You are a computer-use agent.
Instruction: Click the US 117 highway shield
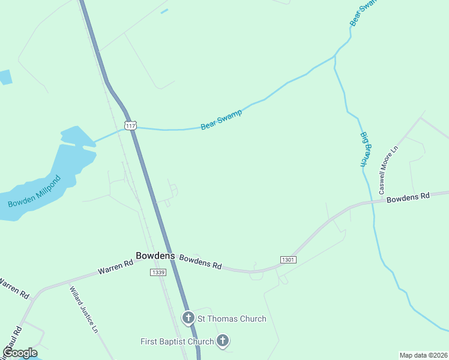pos(131,125)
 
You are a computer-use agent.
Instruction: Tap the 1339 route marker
pos(157,272)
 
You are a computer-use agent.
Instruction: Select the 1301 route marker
pos(288,259)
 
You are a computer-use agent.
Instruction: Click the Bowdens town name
pos(155,256)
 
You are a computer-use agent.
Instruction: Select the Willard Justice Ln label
pos(83,309)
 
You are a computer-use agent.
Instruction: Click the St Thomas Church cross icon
pos(188,318)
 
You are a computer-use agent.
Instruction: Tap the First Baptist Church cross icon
pos(223,341)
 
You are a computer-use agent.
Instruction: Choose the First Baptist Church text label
pos(177,342)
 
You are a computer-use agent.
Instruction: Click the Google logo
pos(20,353)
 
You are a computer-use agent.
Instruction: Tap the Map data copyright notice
pos(423,355)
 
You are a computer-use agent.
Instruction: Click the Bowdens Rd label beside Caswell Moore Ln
pos(408,197)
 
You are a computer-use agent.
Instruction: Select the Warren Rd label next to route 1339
pos(115,268)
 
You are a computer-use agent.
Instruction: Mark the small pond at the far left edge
pos(5,77)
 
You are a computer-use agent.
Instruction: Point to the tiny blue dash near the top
pos(164,11)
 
